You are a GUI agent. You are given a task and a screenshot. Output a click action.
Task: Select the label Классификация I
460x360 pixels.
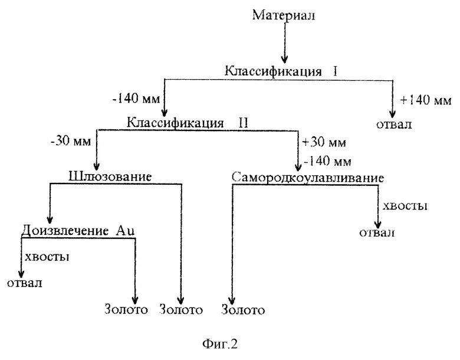281,71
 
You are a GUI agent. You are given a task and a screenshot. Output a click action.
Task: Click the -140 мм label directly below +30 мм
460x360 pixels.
326,161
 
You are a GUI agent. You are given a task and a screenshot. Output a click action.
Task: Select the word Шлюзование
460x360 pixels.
110,176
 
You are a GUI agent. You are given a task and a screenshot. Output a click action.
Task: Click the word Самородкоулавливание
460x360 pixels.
308,178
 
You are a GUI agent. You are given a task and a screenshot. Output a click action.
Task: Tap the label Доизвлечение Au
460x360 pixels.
78,231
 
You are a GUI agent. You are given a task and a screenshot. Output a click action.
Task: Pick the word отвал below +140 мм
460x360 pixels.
393,125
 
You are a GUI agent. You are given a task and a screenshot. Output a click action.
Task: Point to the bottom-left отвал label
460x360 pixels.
24,284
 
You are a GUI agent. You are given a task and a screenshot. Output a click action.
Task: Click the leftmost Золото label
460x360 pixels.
125,309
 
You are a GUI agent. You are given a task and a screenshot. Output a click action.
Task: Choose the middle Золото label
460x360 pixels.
182,309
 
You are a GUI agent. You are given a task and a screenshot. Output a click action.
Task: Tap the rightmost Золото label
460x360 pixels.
244,310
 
